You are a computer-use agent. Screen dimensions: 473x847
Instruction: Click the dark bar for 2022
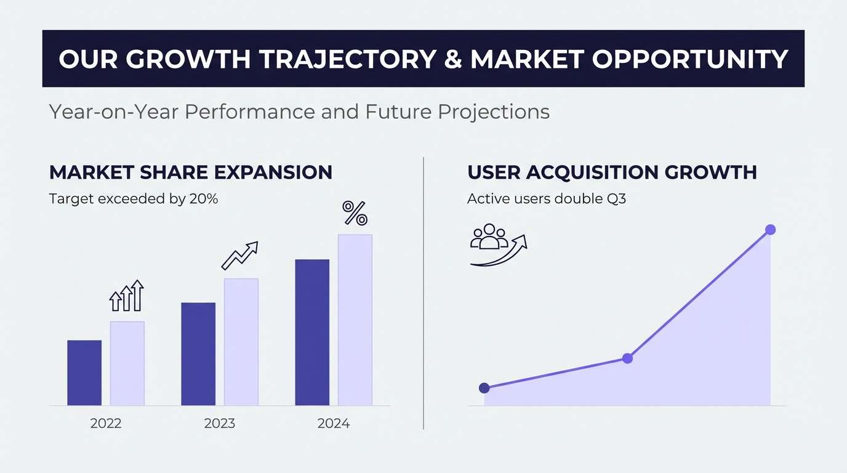84,373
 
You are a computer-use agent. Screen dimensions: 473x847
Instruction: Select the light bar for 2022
127,363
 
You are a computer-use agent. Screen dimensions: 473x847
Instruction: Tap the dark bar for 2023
198,354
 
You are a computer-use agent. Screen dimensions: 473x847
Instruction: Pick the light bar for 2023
241,342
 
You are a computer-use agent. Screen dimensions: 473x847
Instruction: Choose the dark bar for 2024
312,333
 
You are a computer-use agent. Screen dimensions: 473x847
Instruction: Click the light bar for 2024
355,320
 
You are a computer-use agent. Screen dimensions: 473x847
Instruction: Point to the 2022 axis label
106,424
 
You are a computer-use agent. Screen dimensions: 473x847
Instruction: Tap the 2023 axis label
220,424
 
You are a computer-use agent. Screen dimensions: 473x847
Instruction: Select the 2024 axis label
334,424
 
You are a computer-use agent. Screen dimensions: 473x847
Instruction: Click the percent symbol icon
355,213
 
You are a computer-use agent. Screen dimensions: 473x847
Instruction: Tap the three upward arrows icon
126,296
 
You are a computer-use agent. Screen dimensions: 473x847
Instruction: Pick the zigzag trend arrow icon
239,255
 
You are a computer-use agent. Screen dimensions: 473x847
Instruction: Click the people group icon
489,237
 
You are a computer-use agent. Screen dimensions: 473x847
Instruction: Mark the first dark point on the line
484,388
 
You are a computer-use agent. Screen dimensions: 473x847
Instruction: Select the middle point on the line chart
627,358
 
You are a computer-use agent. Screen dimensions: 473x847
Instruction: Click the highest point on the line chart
770,230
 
